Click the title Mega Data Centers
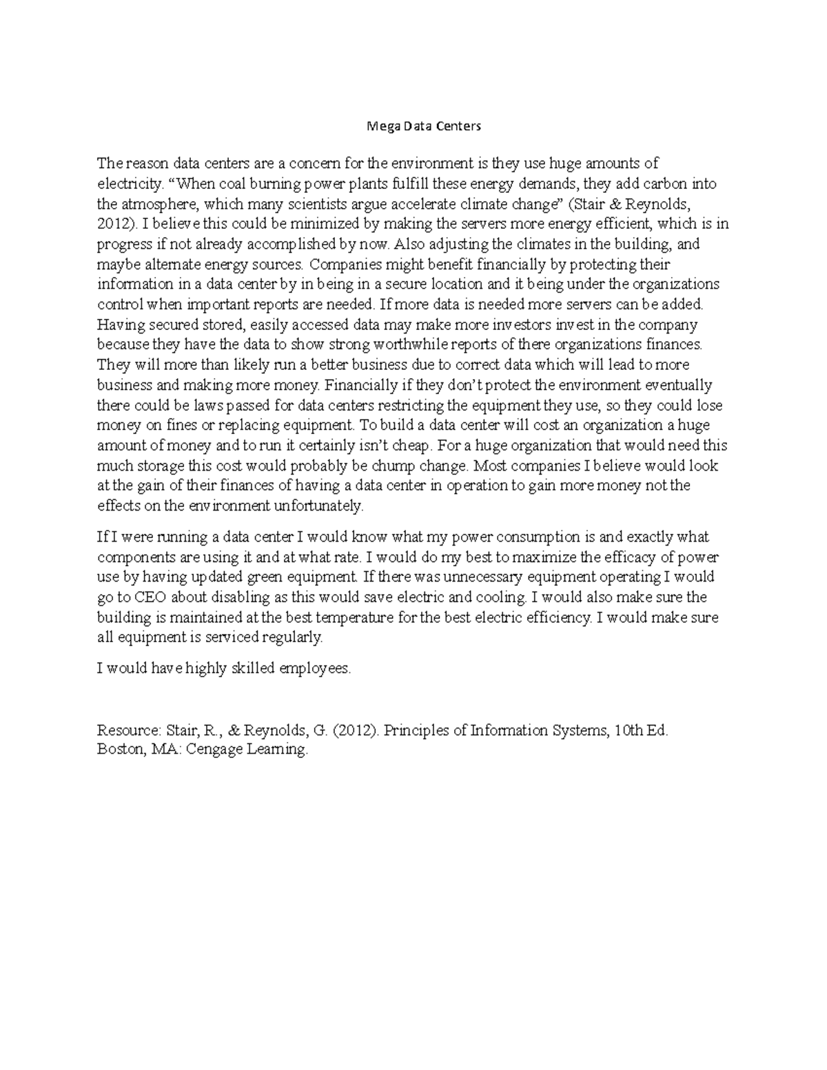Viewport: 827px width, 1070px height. pos(413,126)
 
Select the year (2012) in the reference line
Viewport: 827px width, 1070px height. pos(354,730)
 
